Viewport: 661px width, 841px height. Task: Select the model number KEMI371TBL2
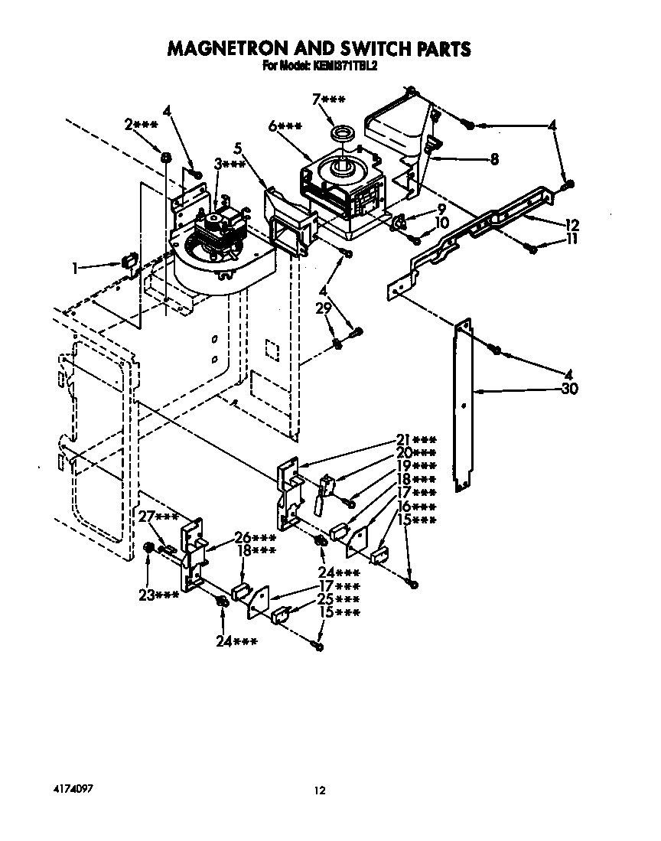[x=344, y=67]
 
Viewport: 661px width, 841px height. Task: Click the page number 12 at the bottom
[x=321, y=790]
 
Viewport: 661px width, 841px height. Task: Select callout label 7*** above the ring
[x=328, y=99]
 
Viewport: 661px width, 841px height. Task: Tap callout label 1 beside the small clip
[x=75, y=268]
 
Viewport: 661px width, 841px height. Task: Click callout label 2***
[x=141, y=124]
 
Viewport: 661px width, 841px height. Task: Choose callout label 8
[x=493, y=160]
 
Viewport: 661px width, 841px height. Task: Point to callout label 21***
[x=416, y=440]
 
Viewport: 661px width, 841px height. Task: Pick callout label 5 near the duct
[x=238, y=148]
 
